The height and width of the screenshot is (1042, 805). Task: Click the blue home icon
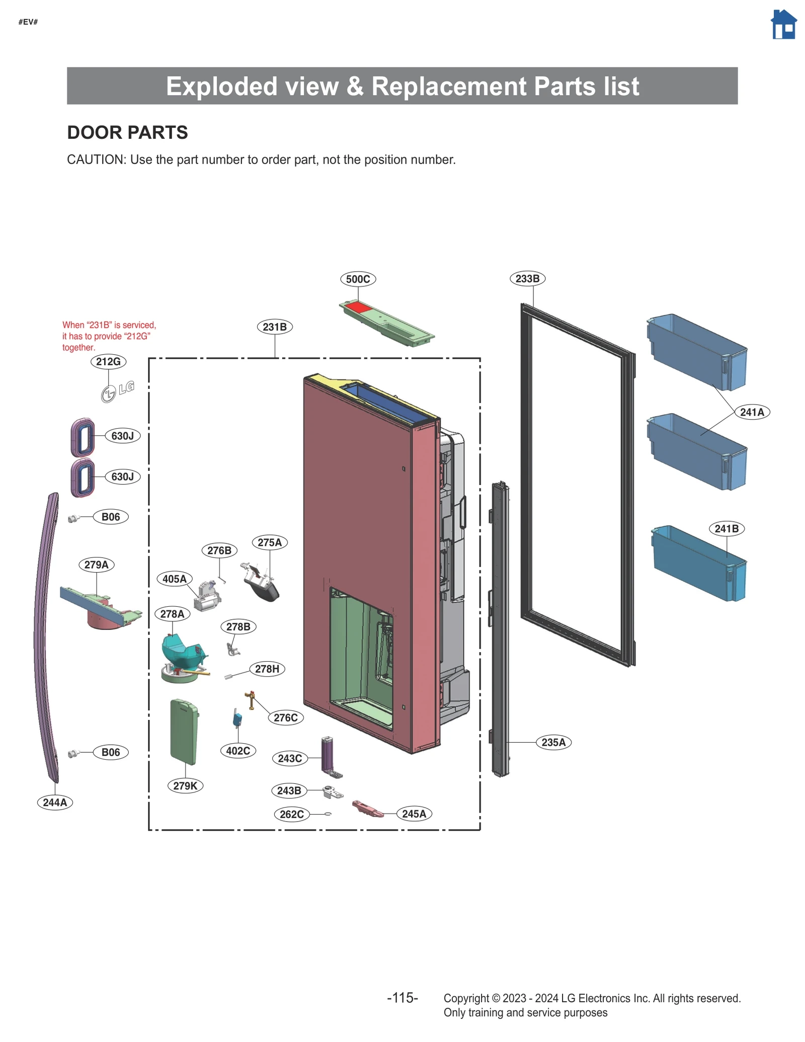783,25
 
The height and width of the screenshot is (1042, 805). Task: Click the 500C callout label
358,279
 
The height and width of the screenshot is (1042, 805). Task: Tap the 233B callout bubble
527,279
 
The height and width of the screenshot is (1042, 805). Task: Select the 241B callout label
726,529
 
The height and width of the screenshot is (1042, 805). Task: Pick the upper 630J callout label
122,436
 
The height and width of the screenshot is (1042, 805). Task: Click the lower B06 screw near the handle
73,753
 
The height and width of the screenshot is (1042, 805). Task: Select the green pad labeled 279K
184,731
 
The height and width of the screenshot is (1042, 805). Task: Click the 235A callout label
553,742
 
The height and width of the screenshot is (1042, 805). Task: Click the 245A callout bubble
414,814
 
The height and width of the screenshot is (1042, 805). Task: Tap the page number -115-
402,998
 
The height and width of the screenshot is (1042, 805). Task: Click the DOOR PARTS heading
127,133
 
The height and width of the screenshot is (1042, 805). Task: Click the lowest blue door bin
698,564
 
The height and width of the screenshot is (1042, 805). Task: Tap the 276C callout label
285,717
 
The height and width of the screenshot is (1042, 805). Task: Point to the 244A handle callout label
55,802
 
